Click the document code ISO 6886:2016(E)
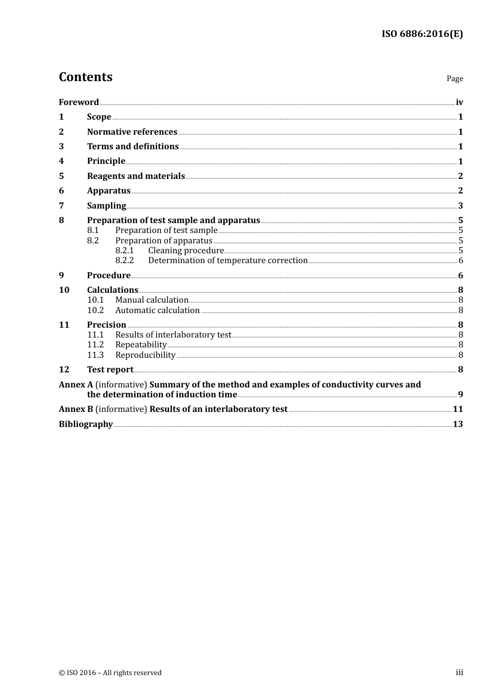422,34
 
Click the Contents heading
85,77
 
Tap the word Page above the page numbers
454,79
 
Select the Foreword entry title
79,102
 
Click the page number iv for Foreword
459,102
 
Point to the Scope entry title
99,117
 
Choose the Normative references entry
132,132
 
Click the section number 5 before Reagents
61,176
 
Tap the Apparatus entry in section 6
109,191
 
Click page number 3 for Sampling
460,206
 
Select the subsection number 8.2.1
124,251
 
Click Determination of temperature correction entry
228,261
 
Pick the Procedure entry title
109,276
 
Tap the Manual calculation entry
152,300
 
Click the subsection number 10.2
95,310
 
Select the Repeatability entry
141,345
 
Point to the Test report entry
110,370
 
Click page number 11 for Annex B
458,409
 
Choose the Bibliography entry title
86,424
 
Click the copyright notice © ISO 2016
110,673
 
